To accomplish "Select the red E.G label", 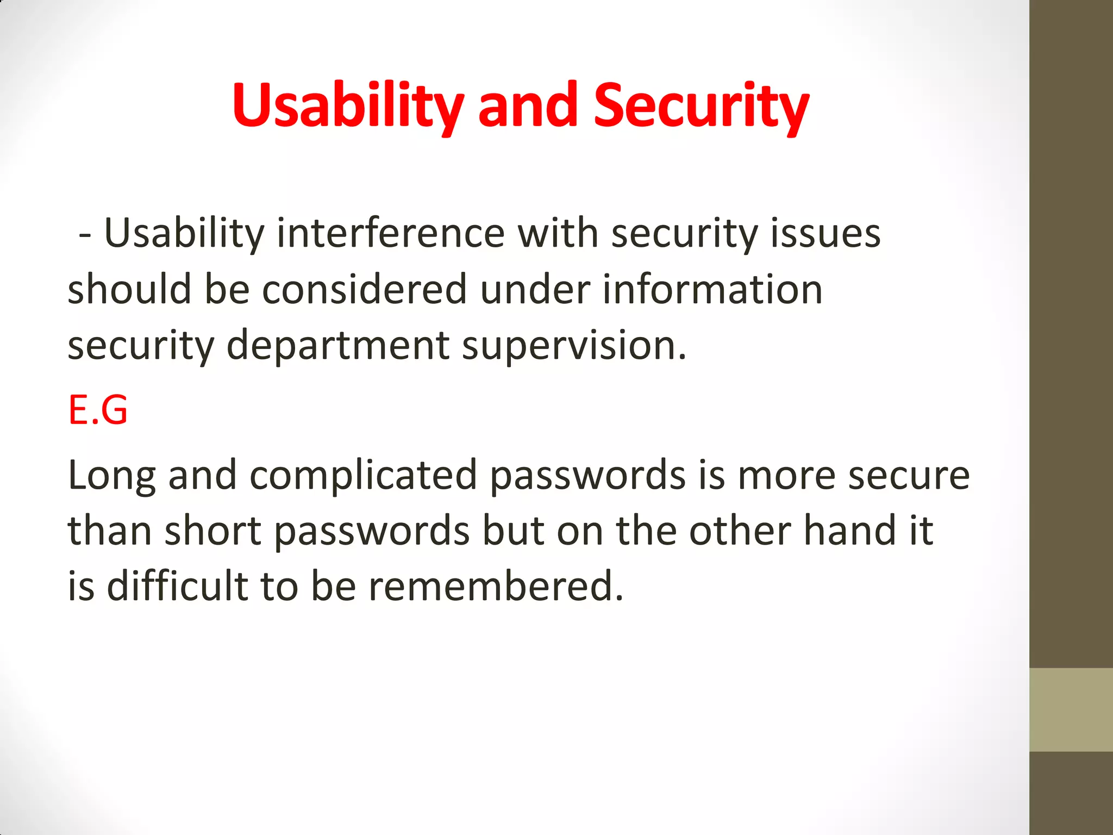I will (x=98, y=410).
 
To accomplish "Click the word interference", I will (x=391, y=234).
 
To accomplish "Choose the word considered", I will (x=364, y=289).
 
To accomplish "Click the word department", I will (x=337, y=346).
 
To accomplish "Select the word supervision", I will (x=573, y=346).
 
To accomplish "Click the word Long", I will (x=111, y=476).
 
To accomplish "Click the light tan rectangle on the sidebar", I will (x=1071, y=709).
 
